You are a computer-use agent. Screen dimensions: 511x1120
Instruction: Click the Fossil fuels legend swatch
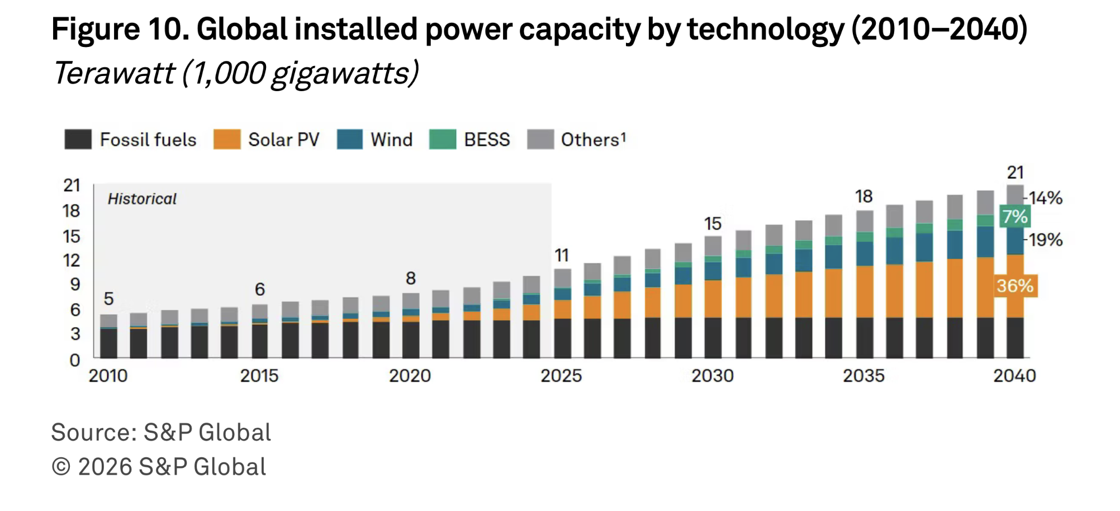(78, 139)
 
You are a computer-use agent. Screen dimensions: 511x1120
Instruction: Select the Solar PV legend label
(283, 139)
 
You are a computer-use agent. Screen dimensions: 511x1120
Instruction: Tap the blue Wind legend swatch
(350, 139)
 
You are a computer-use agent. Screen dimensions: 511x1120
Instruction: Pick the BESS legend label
(487, 139)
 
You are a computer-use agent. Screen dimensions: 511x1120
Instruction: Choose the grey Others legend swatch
(540, 139)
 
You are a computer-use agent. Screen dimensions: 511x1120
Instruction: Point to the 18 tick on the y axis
(72, 211)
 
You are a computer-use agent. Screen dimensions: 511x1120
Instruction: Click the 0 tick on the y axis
(75, 361)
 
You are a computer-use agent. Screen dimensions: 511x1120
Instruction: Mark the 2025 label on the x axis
(561, 376)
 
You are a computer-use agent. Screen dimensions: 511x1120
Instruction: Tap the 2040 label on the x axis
(1014, 376)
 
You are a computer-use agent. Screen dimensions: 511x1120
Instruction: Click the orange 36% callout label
(1015, 286)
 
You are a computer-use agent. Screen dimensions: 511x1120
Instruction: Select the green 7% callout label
(1014, 216)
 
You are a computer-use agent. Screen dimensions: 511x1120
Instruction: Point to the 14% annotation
(1046, 198)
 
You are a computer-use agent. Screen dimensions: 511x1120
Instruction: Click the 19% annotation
(1046, 240)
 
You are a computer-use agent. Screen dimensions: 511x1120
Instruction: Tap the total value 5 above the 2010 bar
(108, 299)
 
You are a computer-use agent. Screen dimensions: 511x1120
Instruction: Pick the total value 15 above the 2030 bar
(713, 224)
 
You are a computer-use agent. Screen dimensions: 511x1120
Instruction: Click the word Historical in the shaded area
(142, 199)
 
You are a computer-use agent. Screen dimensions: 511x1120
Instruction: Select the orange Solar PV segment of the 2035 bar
(865, 291)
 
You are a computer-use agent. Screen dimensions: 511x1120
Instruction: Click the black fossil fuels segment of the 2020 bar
(411, 340)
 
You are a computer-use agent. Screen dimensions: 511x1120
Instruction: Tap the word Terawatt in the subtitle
(115, 73)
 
